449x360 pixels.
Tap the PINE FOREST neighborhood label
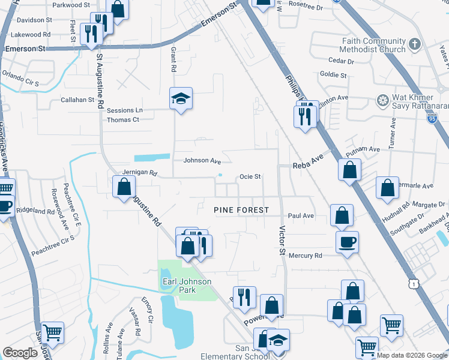pyautogui.click(x=241, y=210)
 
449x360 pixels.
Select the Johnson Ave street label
pyautogui.click(x=202, y=161)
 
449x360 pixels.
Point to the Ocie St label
pyautogui.click(x=250, y=176)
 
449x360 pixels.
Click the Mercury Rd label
pyautogui.click(x=306, y=256)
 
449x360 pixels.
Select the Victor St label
pyautogui.click(x=281, y=239)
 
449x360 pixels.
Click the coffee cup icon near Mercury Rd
pyautogui.click(x=348, y=242)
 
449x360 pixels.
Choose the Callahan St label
pyautogui.click(x=77, y=100)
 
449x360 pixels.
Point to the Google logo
pyautogui.click(x=20, y=353)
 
